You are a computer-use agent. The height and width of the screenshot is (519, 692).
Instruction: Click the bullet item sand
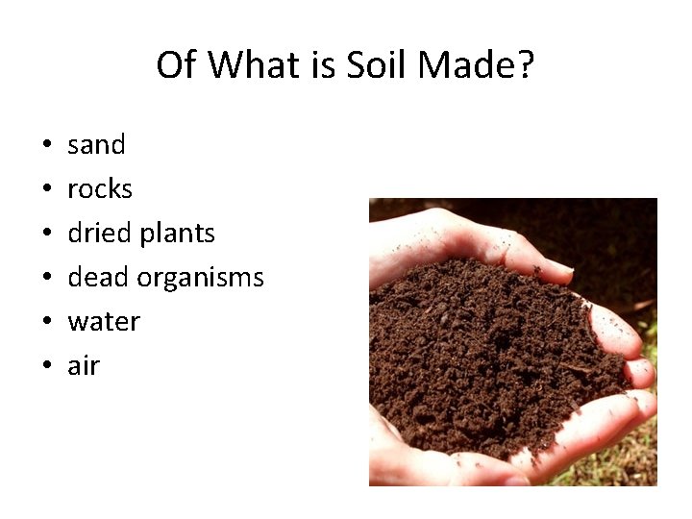[96, 145]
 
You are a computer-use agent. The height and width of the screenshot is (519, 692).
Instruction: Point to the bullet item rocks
[100, 189]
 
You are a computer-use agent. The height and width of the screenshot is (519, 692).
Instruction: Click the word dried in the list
[100, 234]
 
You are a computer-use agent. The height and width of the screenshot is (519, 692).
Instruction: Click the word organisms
[201, 279]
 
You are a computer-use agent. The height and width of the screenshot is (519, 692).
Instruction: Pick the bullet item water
[104, 322]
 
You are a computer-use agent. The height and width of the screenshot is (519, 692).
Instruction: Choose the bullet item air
[84, 366]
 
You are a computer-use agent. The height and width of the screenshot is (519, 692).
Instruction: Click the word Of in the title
[176, 65]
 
